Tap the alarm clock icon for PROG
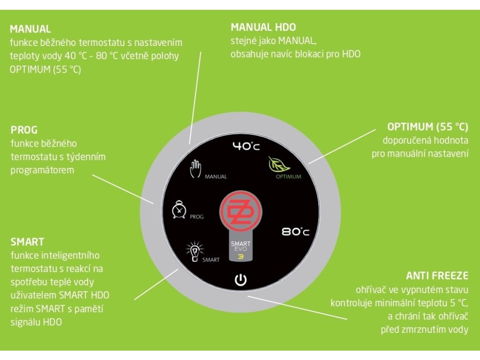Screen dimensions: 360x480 [x=179, y=209]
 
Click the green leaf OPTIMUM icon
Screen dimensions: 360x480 [x=277, y=165]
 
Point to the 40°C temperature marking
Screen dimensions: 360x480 [x=246, y=146]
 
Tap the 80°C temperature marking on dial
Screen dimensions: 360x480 [x=296, y=232]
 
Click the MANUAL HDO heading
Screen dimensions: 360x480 [x=263, y=27]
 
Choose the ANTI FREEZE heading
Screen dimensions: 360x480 [x=437, y=276]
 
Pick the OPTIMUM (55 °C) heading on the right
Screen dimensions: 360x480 [x=427, y=127]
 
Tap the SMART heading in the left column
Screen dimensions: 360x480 [x=27, y=242]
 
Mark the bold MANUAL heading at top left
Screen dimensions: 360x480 [x=30, y=29]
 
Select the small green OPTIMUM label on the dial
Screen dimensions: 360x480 [x=288, y=177]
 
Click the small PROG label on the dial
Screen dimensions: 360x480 [x=197, y=217]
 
